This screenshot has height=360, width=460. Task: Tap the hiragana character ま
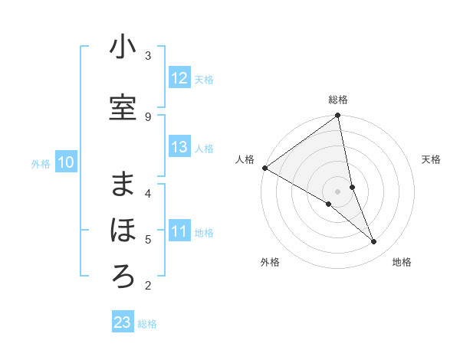(123, 185)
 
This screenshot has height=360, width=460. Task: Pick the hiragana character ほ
(123, 231)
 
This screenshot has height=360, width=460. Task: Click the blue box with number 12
(179, 78)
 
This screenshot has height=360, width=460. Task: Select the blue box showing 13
(179, 147)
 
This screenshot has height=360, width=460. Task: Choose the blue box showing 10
(66, 162)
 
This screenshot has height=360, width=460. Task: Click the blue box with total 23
(123, 322)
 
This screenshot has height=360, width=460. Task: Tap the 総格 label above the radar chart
(338, 100)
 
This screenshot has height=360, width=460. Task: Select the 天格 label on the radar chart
(432, 159)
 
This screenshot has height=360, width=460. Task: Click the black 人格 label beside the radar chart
(245, 159)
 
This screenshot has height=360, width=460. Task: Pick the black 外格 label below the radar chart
(270, 262)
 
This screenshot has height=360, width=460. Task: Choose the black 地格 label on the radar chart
(402, 262)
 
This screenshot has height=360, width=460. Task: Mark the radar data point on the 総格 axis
(338, 116)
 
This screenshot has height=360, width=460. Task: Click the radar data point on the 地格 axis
(374, 242)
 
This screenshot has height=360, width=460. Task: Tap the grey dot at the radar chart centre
(337, 191)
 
